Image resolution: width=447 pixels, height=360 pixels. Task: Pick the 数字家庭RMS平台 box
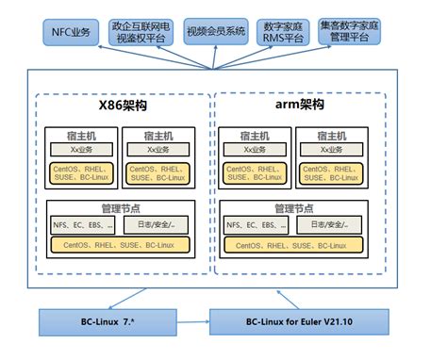click(286, 32)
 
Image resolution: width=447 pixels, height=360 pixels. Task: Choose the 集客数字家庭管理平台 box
click(363, 32)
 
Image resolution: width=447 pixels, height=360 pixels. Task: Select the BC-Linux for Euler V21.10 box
click(300, 322)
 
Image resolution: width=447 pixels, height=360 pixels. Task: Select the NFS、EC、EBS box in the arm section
click(255, 226)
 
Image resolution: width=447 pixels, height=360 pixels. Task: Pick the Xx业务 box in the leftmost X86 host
click(80, 150)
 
